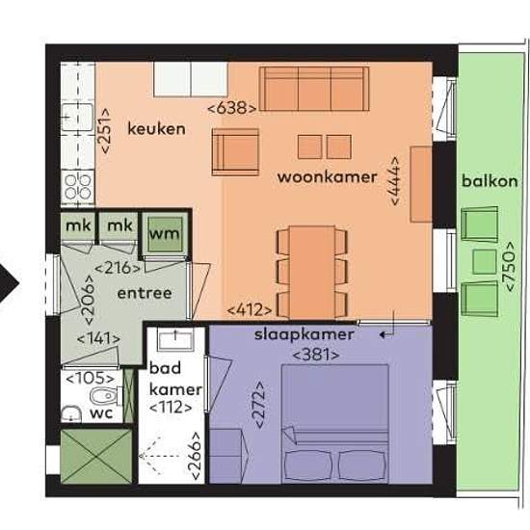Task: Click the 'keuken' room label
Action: coord(156,129)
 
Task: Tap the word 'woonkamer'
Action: coord(327,177)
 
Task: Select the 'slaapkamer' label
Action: coord(305,334)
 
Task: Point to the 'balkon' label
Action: coord(490,181)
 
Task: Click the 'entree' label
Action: coord(145,293)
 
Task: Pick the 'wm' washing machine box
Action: coord(166,234)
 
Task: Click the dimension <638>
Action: coord(231,109)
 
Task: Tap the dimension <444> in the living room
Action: coord(395,180)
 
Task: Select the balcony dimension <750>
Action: coord(510,266)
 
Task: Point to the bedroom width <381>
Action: coord(316,356)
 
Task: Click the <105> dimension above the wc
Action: coord(90,379)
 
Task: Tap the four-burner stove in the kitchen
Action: coord(78,187)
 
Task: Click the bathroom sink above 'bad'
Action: coord(175,340)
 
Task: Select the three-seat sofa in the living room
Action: coord(314,89)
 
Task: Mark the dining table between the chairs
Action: coord(312,272)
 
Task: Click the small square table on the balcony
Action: coord(485,261)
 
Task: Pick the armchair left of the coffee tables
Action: coord(235,152)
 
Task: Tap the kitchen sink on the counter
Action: coord(78,118)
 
